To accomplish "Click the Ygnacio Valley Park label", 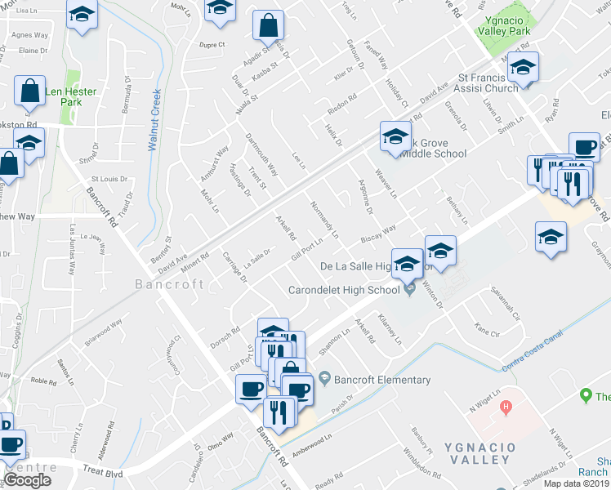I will pos(508,24).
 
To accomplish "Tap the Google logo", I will pos(27,480).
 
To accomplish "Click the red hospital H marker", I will pos(506,406).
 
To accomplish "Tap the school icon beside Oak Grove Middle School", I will pos(395,136).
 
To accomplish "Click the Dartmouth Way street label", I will pos(261,155).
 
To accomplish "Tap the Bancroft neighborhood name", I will pos(170,284).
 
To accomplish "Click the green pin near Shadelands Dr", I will pos(585,396).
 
